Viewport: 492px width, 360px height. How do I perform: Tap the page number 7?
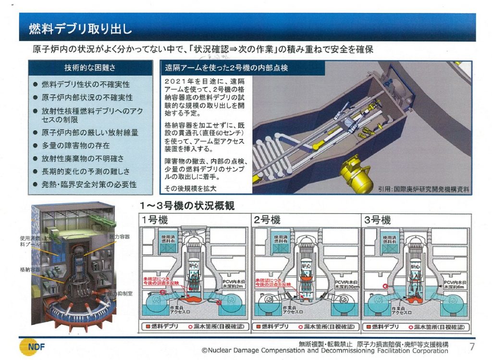pos(472,346)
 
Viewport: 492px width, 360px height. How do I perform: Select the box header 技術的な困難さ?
pos(90,68)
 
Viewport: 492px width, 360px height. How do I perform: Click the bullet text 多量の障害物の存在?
pos(75,145)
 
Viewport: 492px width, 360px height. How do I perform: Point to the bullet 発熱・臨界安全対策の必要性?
pos(89,184)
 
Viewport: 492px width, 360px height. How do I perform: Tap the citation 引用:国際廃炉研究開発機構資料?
pos(423,189)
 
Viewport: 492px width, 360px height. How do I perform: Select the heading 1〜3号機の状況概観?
pos(187,206)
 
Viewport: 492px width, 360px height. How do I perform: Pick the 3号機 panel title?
pos(378,221)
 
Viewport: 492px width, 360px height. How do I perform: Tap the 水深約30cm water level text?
pos(347,286)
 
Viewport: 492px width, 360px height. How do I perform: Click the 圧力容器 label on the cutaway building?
pos(120,236)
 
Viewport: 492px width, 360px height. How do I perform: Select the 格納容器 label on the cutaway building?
pos(30,270)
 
